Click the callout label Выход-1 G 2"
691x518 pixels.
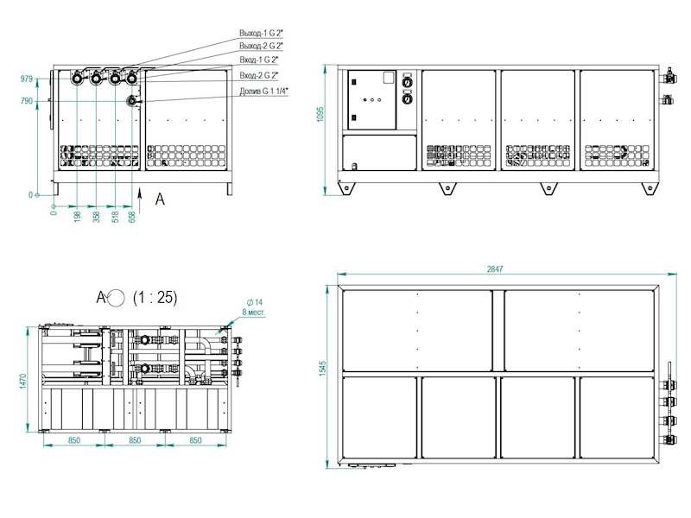pyautogui.click(x=262, y=33)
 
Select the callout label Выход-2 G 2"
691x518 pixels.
pyautogui.click(x=262, y=46)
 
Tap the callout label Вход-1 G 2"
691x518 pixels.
pyautogui.click(x=259, y=60)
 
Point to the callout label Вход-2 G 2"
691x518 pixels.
pyautogui.click(x=259, y=75)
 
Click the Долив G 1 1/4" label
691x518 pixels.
pyautogui.click(x=263, y=92)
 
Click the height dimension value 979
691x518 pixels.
pyautogui.click(x=27, y=79)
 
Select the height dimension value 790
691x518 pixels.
pyautogui.click(x=27, y=101)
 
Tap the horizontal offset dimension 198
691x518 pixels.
pyautogui.click(x=78, y=217)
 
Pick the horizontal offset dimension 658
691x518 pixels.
pyautogui.click(x=132, y=217)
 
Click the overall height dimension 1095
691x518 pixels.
pyautogui.click(x=320, y=114)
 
